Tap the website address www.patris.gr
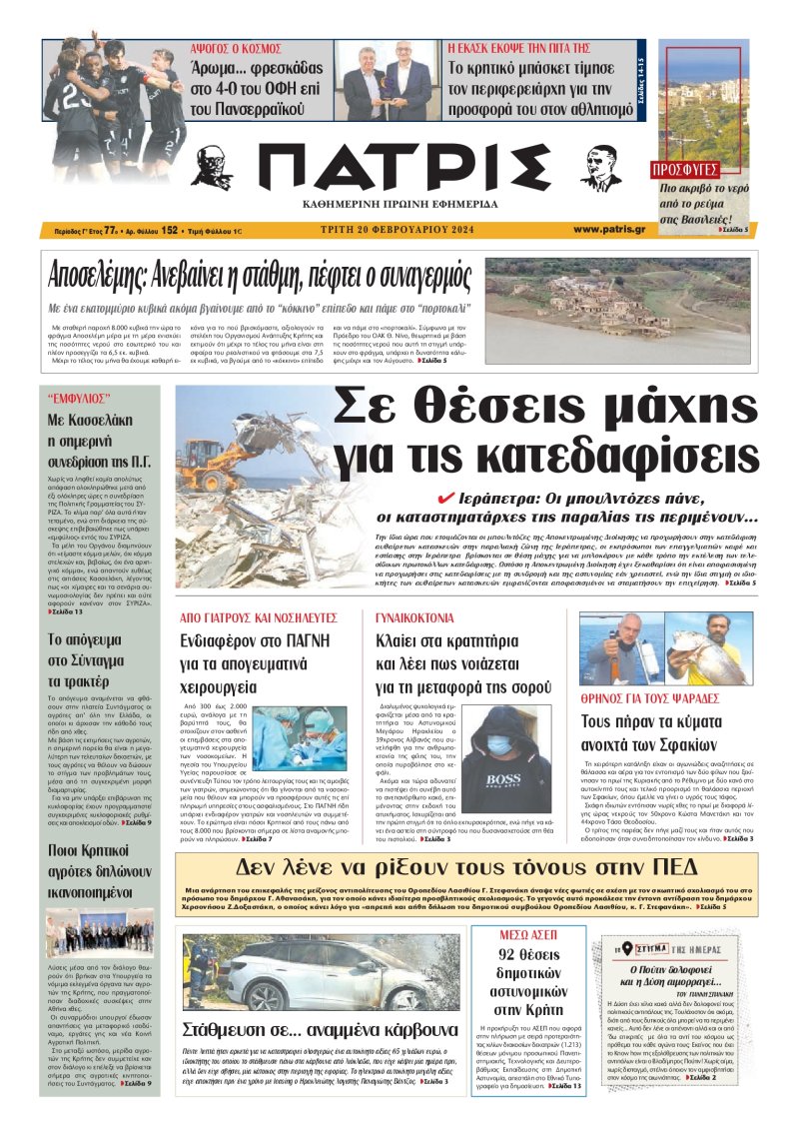(609, 230)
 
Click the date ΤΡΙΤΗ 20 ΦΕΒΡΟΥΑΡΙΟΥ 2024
(399, 230)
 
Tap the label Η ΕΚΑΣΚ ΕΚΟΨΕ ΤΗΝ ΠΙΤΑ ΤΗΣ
(519, 47)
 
